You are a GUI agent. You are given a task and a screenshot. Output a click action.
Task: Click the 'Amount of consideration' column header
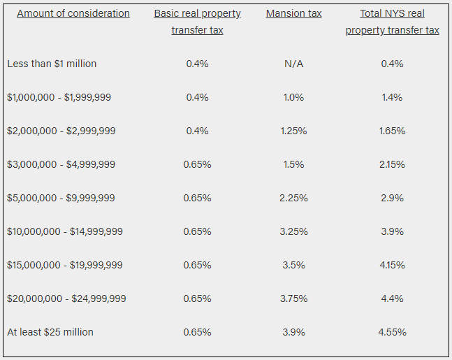pos(73,13)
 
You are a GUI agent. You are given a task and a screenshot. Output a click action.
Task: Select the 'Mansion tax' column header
pos(293,13)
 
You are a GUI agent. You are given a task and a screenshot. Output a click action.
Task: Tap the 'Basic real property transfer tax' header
pos(197,22)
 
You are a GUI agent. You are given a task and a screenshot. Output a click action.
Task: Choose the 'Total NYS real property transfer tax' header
pos(392,22)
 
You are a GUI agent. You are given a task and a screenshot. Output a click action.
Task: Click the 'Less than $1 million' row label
pos(52,64)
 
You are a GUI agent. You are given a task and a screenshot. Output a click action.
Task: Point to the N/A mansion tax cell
pos(293,64)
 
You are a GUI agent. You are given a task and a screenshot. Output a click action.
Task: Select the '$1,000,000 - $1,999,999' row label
pos(59,97)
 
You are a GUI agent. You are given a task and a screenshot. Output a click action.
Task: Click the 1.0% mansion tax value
pos(293,97)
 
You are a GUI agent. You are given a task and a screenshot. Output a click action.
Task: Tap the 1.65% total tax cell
pos(392,131)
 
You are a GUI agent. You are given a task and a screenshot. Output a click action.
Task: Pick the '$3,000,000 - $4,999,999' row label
pos(61,164)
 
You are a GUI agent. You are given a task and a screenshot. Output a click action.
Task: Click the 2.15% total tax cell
pos(392,164)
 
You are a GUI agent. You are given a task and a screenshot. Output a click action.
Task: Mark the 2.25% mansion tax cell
pos(293,198)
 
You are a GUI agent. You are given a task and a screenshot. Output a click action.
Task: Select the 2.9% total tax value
pos(392,198)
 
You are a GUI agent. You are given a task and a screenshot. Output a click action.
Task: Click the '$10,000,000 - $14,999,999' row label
pos(65,231)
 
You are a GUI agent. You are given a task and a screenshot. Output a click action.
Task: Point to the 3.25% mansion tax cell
pos(293,231)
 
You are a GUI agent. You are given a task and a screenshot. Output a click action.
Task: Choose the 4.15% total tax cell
pos(392,265)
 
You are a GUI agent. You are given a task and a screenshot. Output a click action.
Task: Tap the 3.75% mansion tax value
pos(293,298)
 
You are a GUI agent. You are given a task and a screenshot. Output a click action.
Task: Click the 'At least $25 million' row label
pos(50,332)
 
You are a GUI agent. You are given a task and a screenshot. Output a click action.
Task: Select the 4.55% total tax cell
pos(392,332)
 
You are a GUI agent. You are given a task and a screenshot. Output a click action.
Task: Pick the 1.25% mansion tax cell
pos(293,131)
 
